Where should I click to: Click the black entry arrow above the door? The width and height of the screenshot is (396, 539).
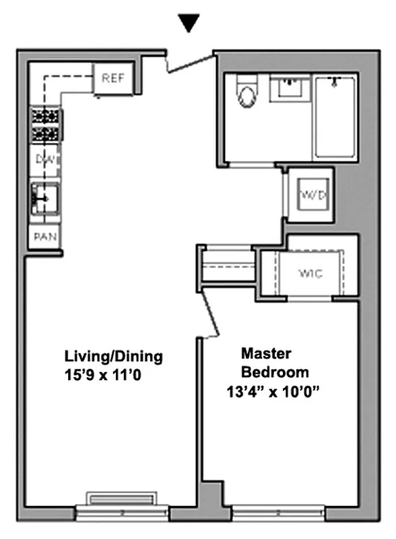click(190, 24)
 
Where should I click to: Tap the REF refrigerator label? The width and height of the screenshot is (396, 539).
click(112, 77)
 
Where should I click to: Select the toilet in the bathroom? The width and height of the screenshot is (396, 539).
click(246, 94)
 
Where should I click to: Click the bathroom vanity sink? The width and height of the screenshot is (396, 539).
click(290, 88)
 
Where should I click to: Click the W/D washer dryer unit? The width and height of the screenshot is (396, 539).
click(313, 196)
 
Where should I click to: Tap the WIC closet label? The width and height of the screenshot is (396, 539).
click(312, 274)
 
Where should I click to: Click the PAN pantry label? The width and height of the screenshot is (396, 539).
click(46, 237)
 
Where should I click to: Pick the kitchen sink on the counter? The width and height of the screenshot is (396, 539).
click(45, 198)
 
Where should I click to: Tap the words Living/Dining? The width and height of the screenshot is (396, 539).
click(113, 356)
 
